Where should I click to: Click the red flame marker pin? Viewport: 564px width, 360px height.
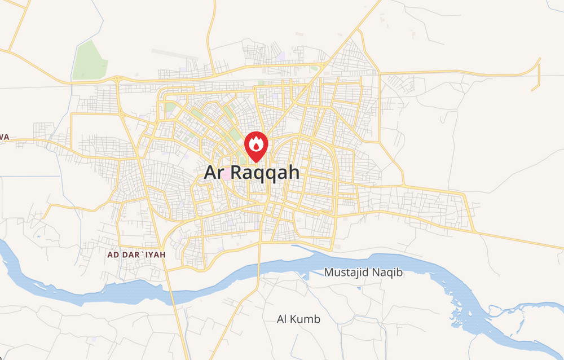tap(257, 146)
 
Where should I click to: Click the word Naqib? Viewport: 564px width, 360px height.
tap(388, 273)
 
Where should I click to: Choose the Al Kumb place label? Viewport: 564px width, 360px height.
tap(298, 319)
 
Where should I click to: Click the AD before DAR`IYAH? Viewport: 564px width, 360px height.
tap(114, 255)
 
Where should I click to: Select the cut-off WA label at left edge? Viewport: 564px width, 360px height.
tap(5, 137)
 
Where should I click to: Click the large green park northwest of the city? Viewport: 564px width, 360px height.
tap(90, 60)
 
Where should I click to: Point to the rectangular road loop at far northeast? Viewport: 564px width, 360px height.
tap(536, 74)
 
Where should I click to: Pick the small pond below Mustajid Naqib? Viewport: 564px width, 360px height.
tap(359, 289)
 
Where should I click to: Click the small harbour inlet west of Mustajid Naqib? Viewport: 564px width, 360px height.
tap(305, 276)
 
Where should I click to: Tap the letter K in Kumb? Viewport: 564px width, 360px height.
tap(294, 319)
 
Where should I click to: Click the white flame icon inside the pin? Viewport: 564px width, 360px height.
tap(257, 144)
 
